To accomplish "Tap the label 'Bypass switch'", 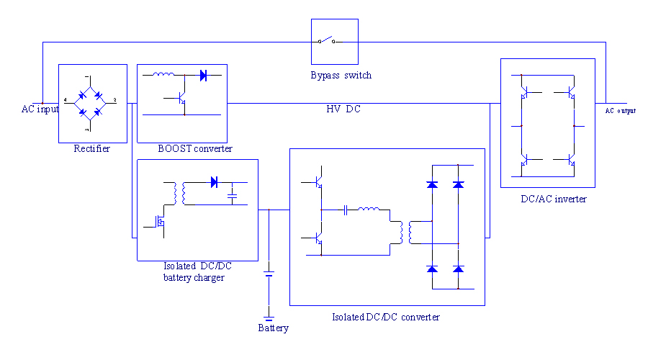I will coord(341,75).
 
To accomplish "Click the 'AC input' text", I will coord(40,109).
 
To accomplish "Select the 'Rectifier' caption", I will coord(92,149).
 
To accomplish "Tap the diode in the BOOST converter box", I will coord(203,74).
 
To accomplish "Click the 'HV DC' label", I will coord(343,109).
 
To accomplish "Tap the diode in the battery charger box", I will coord(214,182).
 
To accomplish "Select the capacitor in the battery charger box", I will coord(233,194).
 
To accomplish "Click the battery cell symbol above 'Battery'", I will coord(269,274).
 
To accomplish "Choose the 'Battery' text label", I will coord(273,328).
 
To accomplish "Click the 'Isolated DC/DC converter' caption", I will coord(385,317).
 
